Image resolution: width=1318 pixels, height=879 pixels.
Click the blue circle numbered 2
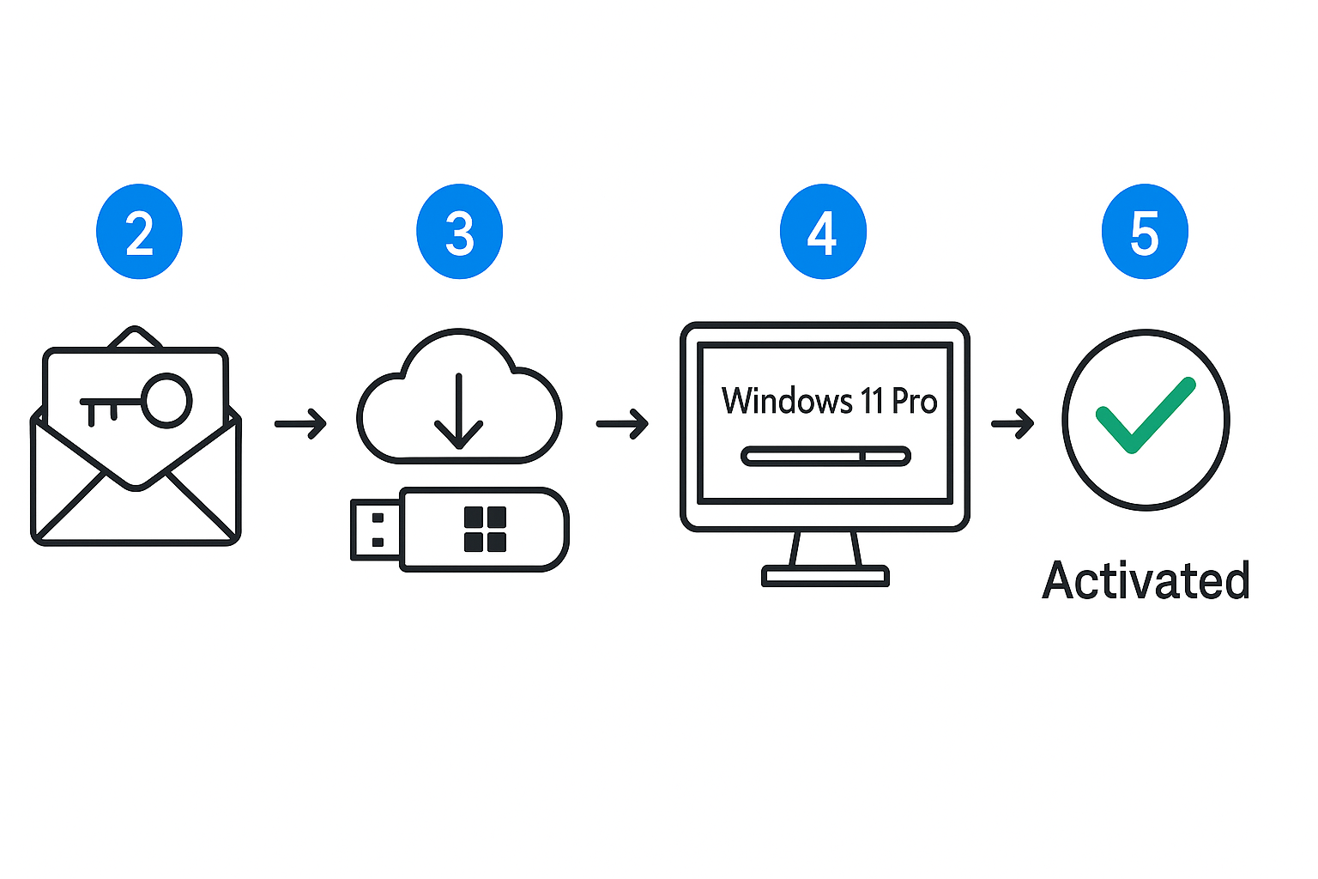click(x=139, y=232)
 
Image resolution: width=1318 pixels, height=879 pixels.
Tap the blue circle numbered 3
click(x=459, y=232)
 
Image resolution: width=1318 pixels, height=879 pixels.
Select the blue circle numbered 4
click(x=823, y=232)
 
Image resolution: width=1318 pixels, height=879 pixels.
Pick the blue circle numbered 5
click(x=1145, y=232)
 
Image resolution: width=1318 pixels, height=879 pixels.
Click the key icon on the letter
click(x=137, y=402)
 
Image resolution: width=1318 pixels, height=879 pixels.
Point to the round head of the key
click(x=166, y=400)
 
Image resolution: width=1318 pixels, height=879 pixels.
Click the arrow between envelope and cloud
click(x=301, y=423)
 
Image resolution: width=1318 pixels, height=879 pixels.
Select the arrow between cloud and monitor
click(x=623, y=423)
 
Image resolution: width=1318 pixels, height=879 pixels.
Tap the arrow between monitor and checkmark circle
click(x=1013, y=423)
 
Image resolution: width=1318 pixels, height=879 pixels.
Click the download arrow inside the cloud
click(x=459, y=412)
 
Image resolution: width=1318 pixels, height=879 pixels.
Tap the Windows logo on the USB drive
click(x=485, y=529)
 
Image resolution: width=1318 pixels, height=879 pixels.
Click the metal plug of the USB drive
click(x=376, y=530)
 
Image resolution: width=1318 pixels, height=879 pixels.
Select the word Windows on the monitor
click(x=787, y=401)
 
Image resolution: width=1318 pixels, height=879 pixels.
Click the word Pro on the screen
click(x=915, y=401)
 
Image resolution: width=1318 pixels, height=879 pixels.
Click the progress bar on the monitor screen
click(x=825, y=457)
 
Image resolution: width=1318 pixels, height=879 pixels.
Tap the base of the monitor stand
click(x=825, y=576)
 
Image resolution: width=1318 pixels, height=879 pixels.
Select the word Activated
click(x=1146, y=581)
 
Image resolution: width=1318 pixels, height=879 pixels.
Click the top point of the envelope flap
click(x=135, y=330)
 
